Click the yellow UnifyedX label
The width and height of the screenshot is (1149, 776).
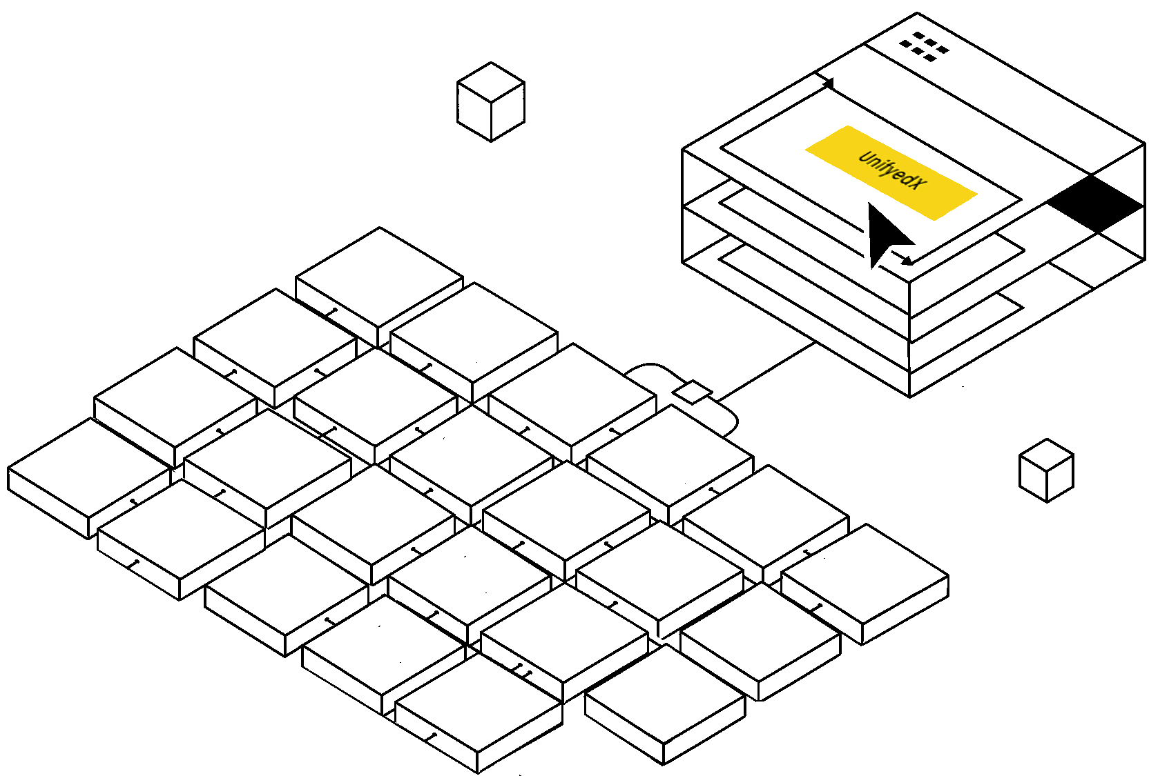click(891, 172)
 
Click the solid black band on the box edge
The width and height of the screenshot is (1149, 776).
click(1096, 203)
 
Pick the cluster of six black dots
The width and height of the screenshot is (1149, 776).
click(924, 47)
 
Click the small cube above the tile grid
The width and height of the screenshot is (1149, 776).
click(491, 102)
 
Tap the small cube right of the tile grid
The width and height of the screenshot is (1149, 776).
click(1046, 470)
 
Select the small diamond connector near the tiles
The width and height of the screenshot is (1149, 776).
click(692, 392)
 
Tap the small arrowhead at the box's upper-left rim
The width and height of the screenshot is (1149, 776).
click(827, 83)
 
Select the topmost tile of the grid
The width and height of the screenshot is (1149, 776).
click(380, 287)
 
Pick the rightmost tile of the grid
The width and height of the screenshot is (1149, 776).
click(865, 584)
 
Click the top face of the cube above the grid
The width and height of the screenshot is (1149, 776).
click(491, 82)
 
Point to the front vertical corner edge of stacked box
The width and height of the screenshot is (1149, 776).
click(909, 339)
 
